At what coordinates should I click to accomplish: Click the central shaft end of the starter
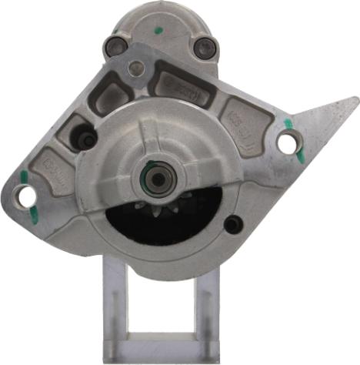158,179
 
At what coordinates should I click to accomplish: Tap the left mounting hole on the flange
27,196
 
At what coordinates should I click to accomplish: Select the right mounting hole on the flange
287,142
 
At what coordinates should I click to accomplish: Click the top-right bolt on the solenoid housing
203,49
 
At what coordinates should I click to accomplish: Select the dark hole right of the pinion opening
233,224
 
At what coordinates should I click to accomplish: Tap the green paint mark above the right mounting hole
288,123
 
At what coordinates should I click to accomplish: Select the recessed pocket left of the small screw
108,96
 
